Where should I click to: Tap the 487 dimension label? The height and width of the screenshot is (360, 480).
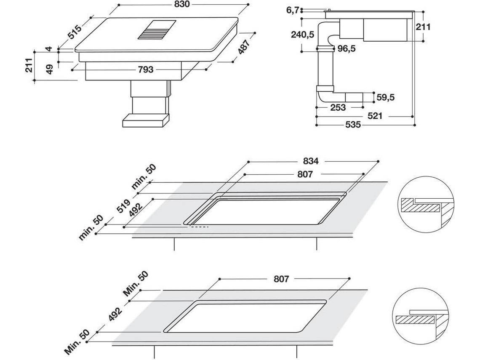(x=244, y=47)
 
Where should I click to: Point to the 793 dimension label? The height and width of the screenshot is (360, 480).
(x=146, y=69)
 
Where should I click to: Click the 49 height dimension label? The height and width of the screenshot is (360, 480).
(x=49, y=69)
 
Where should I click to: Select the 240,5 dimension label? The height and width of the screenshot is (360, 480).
(x=302, y=35)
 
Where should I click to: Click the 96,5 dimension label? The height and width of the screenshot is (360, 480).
(x=346, y=49)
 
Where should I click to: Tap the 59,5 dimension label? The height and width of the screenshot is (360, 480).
(x=385, y=98)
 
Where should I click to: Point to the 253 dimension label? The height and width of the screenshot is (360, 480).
(x=338, y=108)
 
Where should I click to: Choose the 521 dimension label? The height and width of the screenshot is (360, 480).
(x=375, y=116)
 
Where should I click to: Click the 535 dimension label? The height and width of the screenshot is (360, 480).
(x=353, y=125)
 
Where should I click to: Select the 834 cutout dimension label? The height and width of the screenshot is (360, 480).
(x=311, y=161)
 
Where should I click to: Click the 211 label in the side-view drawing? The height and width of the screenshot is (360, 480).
(x=423, y=27)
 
